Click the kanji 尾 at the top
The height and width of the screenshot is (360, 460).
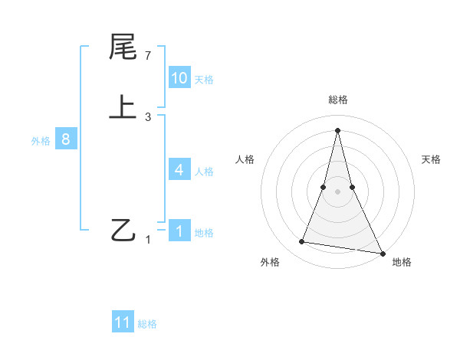pyautogui.click(x=123, y=47)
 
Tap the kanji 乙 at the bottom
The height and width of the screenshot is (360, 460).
pyautogui.click(x=123, y=230)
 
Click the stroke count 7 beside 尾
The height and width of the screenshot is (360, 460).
pyautogui.click(x=148, y=56)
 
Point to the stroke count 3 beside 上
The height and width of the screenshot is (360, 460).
pyautogui.click(x=148, y=117)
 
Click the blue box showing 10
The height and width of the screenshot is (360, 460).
pyautogui.click(x=179, y=78)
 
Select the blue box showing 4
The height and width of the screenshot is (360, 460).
pyautogui.click(x=179, y=170)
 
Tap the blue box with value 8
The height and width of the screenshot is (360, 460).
pyautogui.click(x=66, y=140)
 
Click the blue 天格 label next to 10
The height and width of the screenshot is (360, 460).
pyautogui.click(x=204, y=80)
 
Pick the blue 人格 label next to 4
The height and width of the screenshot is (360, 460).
pyautogui.click(x=204, y=172)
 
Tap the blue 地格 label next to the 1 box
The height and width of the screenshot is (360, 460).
pyautogui.click(x=204, y=233)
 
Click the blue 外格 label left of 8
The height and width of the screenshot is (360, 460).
pyautogui.click(x=41, y=141)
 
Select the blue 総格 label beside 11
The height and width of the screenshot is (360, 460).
pyautogui.click(x=147, y=324)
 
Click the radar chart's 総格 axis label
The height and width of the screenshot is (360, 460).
pyautogui.click(x=337, y=100)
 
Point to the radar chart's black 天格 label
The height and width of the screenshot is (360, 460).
pyautogui.click(x=432, y=159)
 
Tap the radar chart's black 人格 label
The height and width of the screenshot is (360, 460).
pyautogui.click(x=245, y=159)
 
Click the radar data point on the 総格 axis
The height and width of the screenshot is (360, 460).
pyautogui.click(x=337, y=129)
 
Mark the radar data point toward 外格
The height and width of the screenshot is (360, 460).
pyautogui.click(x=302, y=242)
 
